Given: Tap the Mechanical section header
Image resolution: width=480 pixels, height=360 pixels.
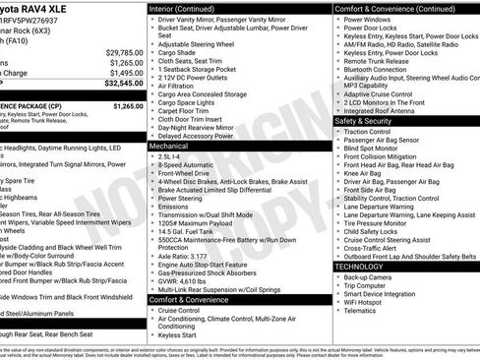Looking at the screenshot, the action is [x=169, y=145].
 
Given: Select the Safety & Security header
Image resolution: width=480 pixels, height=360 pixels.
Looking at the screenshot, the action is [x=369, y=122].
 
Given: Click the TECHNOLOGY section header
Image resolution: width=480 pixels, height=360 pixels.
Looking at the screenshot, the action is [x=359, y=267].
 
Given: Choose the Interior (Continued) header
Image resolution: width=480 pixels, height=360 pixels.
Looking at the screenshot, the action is [x=190, y=8].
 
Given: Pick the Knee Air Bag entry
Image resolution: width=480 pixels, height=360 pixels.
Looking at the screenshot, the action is [x=363, y=172].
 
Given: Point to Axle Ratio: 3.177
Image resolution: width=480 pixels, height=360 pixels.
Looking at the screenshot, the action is [x=183, y=255].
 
